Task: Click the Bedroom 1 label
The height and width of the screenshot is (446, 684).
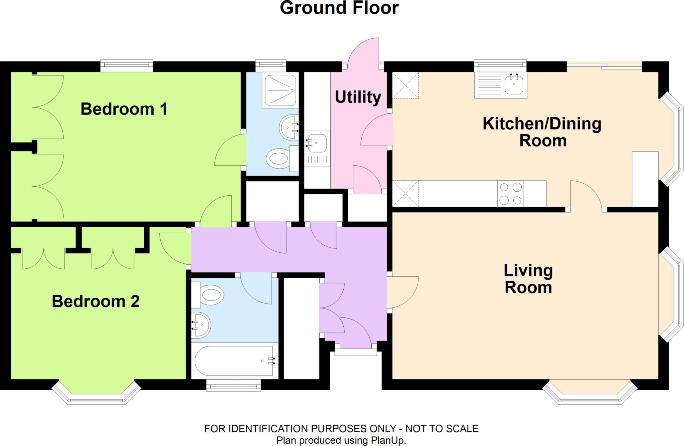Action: [x=124, y=109]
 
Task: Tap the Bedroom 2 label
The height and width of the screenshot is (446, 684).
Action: [x=96, y=301]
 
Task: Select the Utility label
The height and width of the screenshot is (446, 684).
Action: [x=358, y=97]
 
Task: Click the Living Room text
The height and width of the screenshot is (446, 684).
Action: [x=528, y=279]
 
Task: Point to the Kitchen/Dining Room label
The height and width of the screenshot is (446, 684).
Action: [x=542, y=132]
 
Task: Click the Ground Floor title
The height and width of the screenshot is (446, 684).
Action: [x=339, y=8]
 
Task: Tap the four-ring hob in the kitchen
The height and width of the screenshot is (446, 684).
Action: [x=510, y=194]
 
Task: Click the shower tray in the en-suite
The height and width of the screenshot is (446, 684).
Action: [x=280, y=90]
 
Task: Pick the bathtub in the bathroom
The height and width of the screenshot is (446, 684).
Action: [x=234, y=361]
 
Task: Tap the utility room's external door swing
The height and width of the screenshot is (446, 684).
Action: [x=364, y=52]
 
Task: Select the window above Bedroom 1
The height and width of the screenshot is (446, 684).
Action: [x=127, y=66]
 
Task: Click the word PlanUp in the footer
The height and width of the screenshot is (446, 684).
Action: [x=389, y=440]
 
